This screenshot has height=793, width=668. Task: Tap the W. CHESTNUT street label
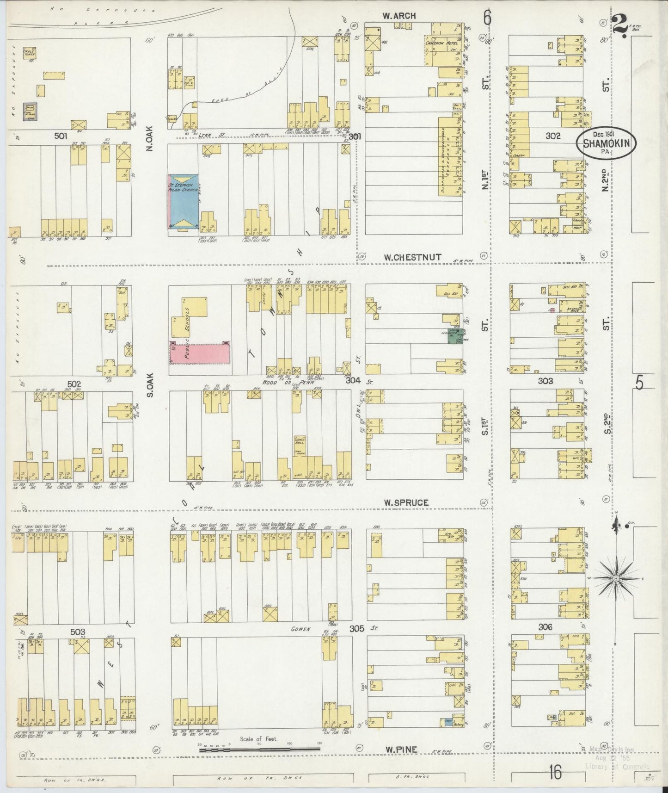click(x=412, y=257)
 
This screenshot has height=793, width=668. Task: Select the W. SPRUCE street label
click(x=405, y=502)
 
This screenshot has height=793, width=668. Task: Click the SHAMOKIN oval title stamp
click(x=606, y=144)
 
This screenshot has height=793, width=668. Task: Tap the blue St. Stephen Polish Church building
click(x=183, y=201)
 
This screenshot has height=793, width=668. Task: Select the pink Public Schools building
click(x=200, y=353)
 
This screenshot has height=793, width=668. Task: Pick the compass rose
click(x=616, y=578)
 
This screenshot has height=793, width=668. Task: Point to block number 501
click(x=61, y=136)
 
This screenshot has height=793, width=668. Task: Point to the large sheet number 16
click(x=555, y=772)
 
